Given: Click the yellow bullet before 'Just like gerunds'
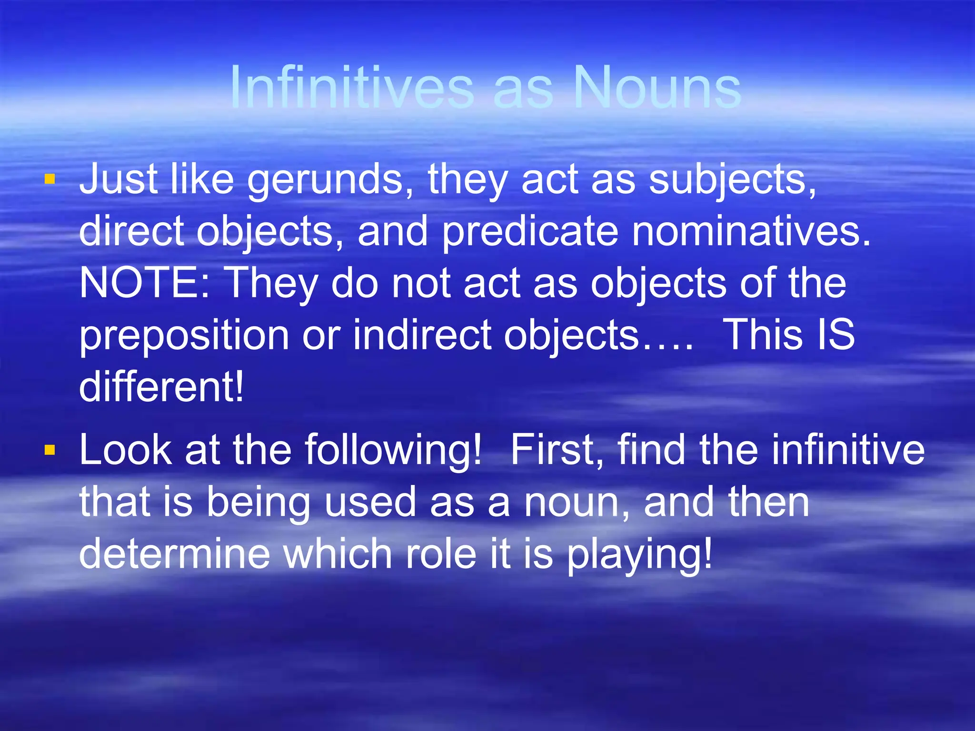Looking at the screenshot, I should (x=50, y=179).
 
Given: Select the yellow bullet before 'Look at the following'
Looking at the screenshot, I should (x=50, y=450).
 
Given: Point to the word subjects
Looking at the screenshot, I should (x=732, y=181).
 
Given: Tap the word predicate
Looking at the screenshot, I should (x=530, y=233).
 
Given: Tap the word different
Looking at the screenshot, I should (x=161, y=386).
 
